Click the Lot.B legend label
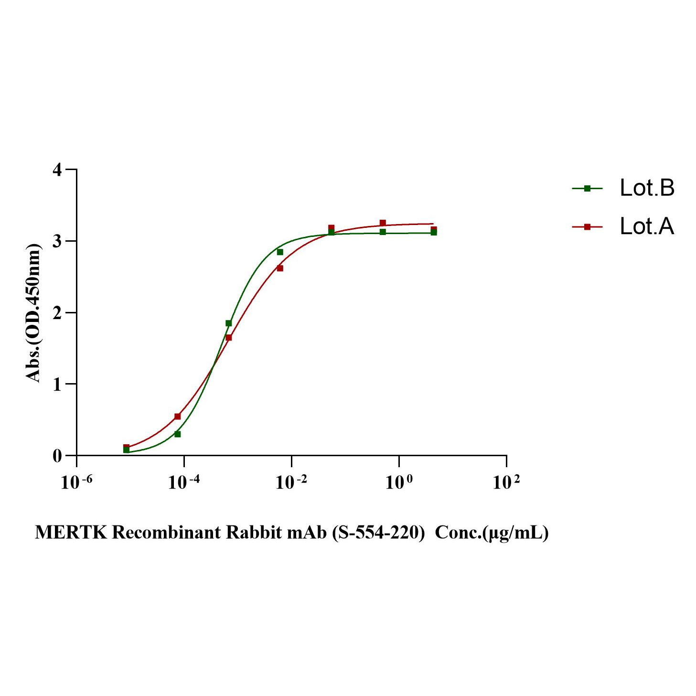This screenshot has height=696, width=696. click(647, 188)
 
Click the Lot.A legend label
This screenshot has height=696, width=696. click(647, 226)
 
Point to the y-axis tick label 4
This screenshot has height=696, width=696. click(58, 170)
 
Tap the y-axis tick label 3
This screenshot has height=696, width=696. click(58, 241)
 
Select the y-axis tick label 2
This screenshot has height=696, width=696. click(58, 313)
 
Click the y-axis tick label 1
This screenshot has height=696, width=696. click(58, 384)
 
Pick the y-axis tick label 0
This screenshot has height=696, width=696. click(58, 456)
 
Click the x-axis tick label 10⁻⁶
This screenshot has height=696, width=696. click(76, 482)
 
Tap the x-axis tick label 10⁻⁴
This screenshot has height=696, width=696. click(184, 482)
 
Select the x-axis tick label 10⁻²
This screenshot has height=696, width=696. click(291, 482)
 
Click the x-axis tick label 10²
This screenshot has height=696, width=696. click(506, 482)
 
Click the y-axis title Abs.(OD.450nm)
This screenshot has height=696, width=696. click(33, 313)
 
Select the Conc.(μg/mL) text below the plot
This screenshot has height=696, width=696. click(492, 532)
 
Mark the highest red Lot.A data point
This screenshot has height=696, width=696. click(383, 223)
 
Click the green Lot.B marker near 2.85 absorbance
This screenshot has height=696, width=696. click(280, 252)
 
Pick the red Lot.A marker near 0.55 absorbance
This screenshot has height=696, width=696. click(178, 417)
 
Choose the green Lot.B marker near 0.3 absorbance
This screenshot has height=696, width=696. click(178, 434)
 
